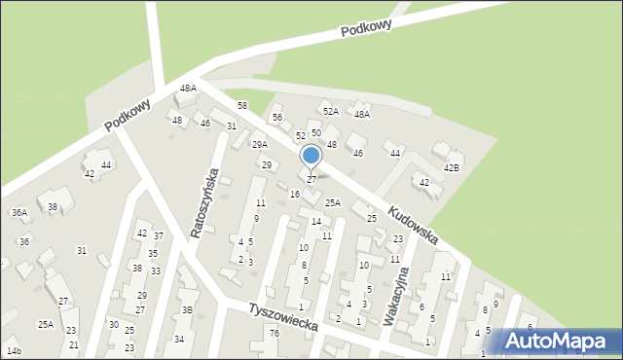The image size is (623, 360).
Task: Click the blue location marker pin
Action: tap(311, 157)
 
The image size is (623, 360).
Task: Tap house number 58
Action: tap(242, 105)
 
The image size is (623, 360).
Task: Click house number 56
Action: tap(277, 118)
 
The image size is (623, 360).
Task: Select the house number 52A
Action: tap(331, 112)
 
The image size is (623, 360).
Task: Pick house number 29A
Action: tap(260, 145)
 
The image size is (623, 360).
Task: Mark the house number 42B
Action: tap(452, 167)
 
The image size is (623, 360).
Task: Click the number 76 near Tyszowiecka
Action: tap(275, 334)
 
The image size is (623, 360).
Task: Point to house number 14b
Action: tap(14, 350)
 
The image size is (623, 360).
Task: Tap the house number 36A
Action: tap(19, 213)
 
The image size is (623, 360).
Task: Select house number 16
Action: tap(294, 195)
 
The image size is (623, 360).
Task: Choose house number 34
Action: tap(179, 340)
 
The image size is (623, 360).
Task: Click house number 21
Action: tap(73, 345)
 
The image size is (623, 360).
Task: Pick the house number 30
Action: tap(114, 325)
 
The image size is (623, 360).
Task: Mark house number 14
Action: tap(316, 222)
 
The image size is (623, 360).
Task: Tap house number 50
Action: tap(316, 132)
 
